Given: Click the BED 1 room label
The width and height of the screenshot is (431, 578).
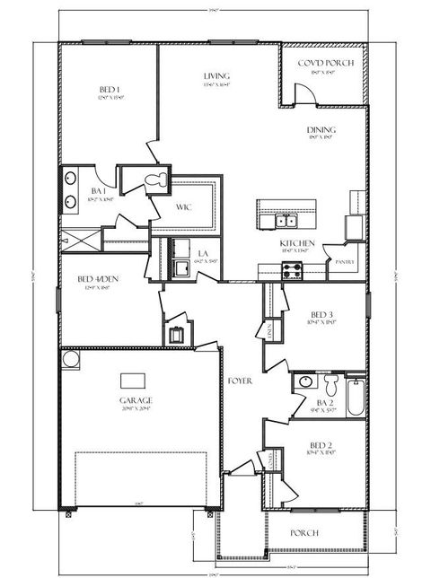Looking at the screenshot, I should click(x=110, y=89).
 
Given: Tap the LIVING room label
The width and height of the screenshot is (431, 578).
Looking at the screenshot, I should click(x=215, y=76).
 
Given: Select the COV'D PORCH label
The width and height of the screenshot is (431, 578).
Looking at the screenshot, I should click(x=324, y=63).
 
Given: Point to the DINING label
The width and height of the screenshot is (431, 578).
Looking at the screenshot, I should click(x=321, y=128).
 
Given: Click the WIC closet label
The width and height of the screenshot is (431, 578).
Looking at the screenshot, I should click(x=183, y=207).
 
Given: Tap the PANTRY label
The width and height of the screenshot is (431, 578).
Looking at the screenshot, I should click(x=345, y=262).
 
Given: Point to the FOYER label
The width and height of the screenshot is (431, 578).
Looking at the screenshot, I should click(x=240, y=381).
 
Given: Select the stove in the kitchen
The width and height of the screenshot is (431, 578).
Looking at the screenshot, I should click(x=292, y=270).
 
